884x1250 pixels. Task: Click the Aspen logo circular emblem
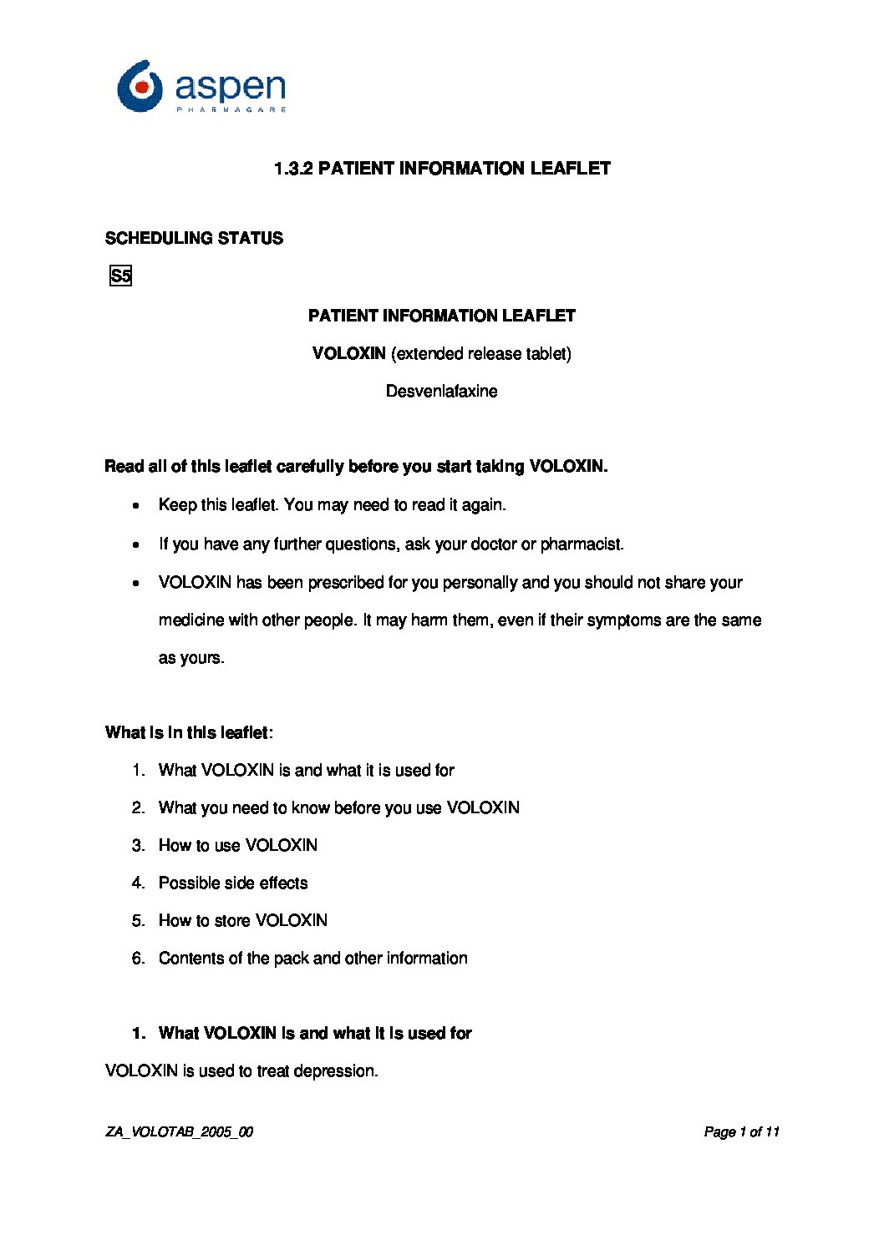tap(140, 86)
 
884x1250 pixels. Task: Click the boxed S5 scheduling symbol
tap(121, 276)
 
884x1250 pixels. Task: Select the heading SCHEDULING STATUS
tap(194, 239)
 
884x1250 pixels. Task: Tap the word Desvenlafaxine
tap(441, 391)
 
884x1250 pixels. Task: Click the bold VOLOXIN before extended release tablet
tap(348, 353)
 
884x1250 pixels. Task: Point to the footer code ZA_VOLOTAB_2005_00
tap(179, 1132)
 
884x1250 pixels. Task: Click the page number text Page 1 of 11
tap(741, 1132)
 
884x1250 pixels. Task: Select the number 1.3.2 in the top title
tap(293, 169)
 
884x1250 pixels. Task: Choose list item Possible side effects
tap(233, 883)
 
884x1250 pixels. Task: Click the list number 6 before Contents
tap(138, 959)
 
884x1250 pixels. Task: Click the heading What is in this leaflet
tap(189, 732)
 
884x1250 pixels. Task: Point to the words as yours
tap(191, 658)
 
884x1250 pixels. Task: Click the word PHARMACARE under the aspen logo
tap(231, 109)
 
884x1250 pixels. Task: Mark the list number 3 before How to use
tap(138, 846)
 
